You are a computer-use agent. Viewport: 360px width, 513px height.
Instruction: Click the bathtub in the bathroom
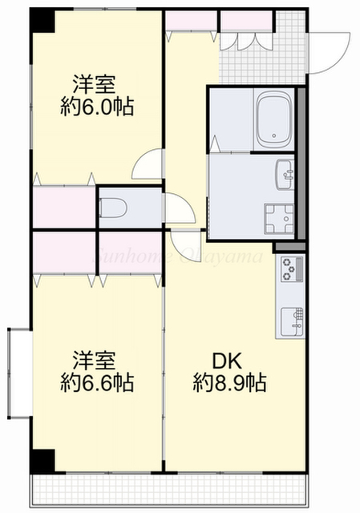(x=274, y=119)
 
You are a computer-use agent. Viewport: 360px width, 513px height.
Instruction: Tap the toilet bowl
(x=114, y=208)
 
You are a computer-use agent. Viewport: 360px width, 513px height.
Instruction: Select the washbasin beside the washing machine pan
(x=285, y=171)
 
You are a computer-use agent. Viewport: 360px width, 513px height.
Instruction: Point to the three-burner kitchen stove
(x=289, y=270)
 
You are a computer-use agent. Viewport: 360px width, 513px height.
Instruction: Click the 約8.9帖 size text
(x=229, y=383)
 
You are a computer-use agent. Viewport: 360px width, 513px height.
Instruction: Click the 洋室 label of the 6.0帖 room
(x=95, y=83)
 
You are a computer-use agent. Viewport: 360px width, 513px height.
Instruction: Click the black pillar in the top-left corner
(x=43, y=22)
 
